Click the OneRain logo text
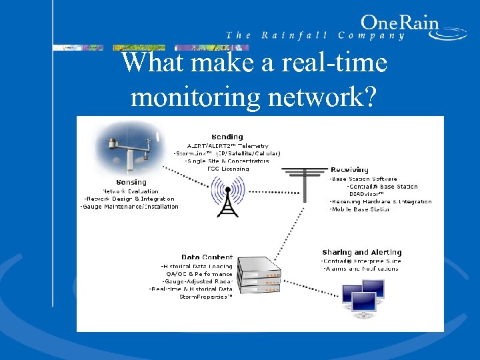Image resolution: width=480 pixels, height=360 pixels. [399, 23]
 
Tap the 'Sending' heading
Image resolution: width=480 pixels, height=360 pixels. [227, 137]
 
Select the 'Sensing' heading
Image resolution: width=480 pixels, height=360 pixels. [131, 182]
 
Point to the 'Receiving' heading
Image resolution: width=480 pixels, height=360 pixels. [349, 170]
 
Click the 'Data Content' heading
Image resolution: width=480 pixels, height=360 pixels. [207, 257]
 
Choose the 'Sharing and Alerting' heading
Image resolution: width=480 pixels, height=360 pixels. [361, 253]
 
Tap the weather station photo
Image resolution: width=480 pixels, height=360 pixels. [126, 150]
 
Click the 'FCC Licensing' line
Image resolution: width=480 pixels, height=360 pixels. [228, 169]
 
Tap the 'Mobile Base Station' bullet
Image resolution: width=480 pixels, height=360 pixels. [359, 209]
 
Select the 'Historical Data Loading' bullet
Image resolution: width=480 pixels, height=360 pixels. [197, 266]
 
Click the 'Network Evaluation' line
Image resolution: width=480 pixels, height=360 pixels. [130, 191]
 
